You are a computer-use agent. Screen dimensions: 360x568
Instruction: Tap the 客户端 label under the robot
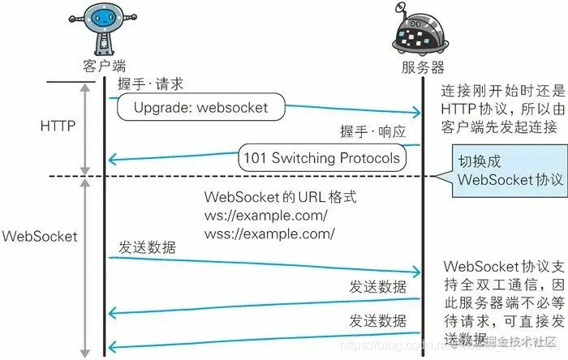105,65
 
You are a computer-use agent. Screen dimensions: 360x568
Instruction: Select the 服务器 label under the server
423,66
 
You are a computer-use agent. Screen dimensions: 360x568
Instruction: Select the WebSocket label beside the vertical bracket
40,236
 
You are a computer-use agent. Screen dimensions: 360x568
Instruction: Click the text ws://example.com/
266,216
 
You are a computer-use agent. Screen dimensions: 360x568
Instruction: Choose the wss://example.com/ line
269,234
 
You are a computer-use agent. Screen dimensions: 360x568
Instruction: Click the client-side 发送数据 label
146,246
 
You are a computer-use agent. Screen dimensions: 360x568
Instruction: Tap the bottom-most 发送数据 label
378,319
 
